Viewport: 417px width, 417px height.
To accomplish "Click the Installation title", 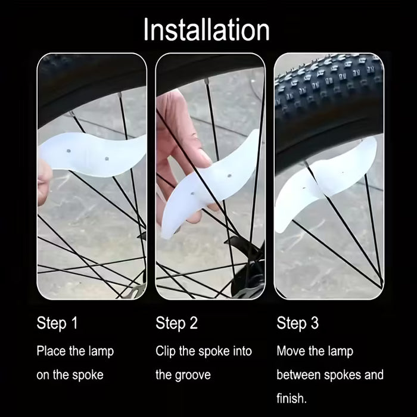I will pyautogui.click(x=206, y=30).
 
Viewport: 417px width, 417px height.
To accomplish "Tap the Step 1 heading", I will pyautogui.click(x=57, y=323).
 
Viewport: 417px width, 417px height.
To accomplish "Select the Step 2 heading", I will pyautogui.click(x=176, y=323).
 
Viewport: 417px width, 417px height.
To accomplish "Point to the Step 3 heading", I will pyautogui.click(x=297, y=323).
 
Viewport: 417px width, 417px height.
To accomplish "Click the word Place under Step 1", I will pyautogui.click(x=51, y=351).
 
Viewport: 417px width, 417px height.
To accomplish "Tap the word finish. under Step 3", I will pyautogui.click(x=291, y=399).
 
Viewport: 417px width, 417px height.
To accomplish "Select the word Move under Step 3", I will pyautogui.click(x=290, y=351).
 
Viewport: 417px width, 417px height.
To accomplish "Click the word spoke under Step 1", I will pyautogui.click(x=88, y=375).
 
